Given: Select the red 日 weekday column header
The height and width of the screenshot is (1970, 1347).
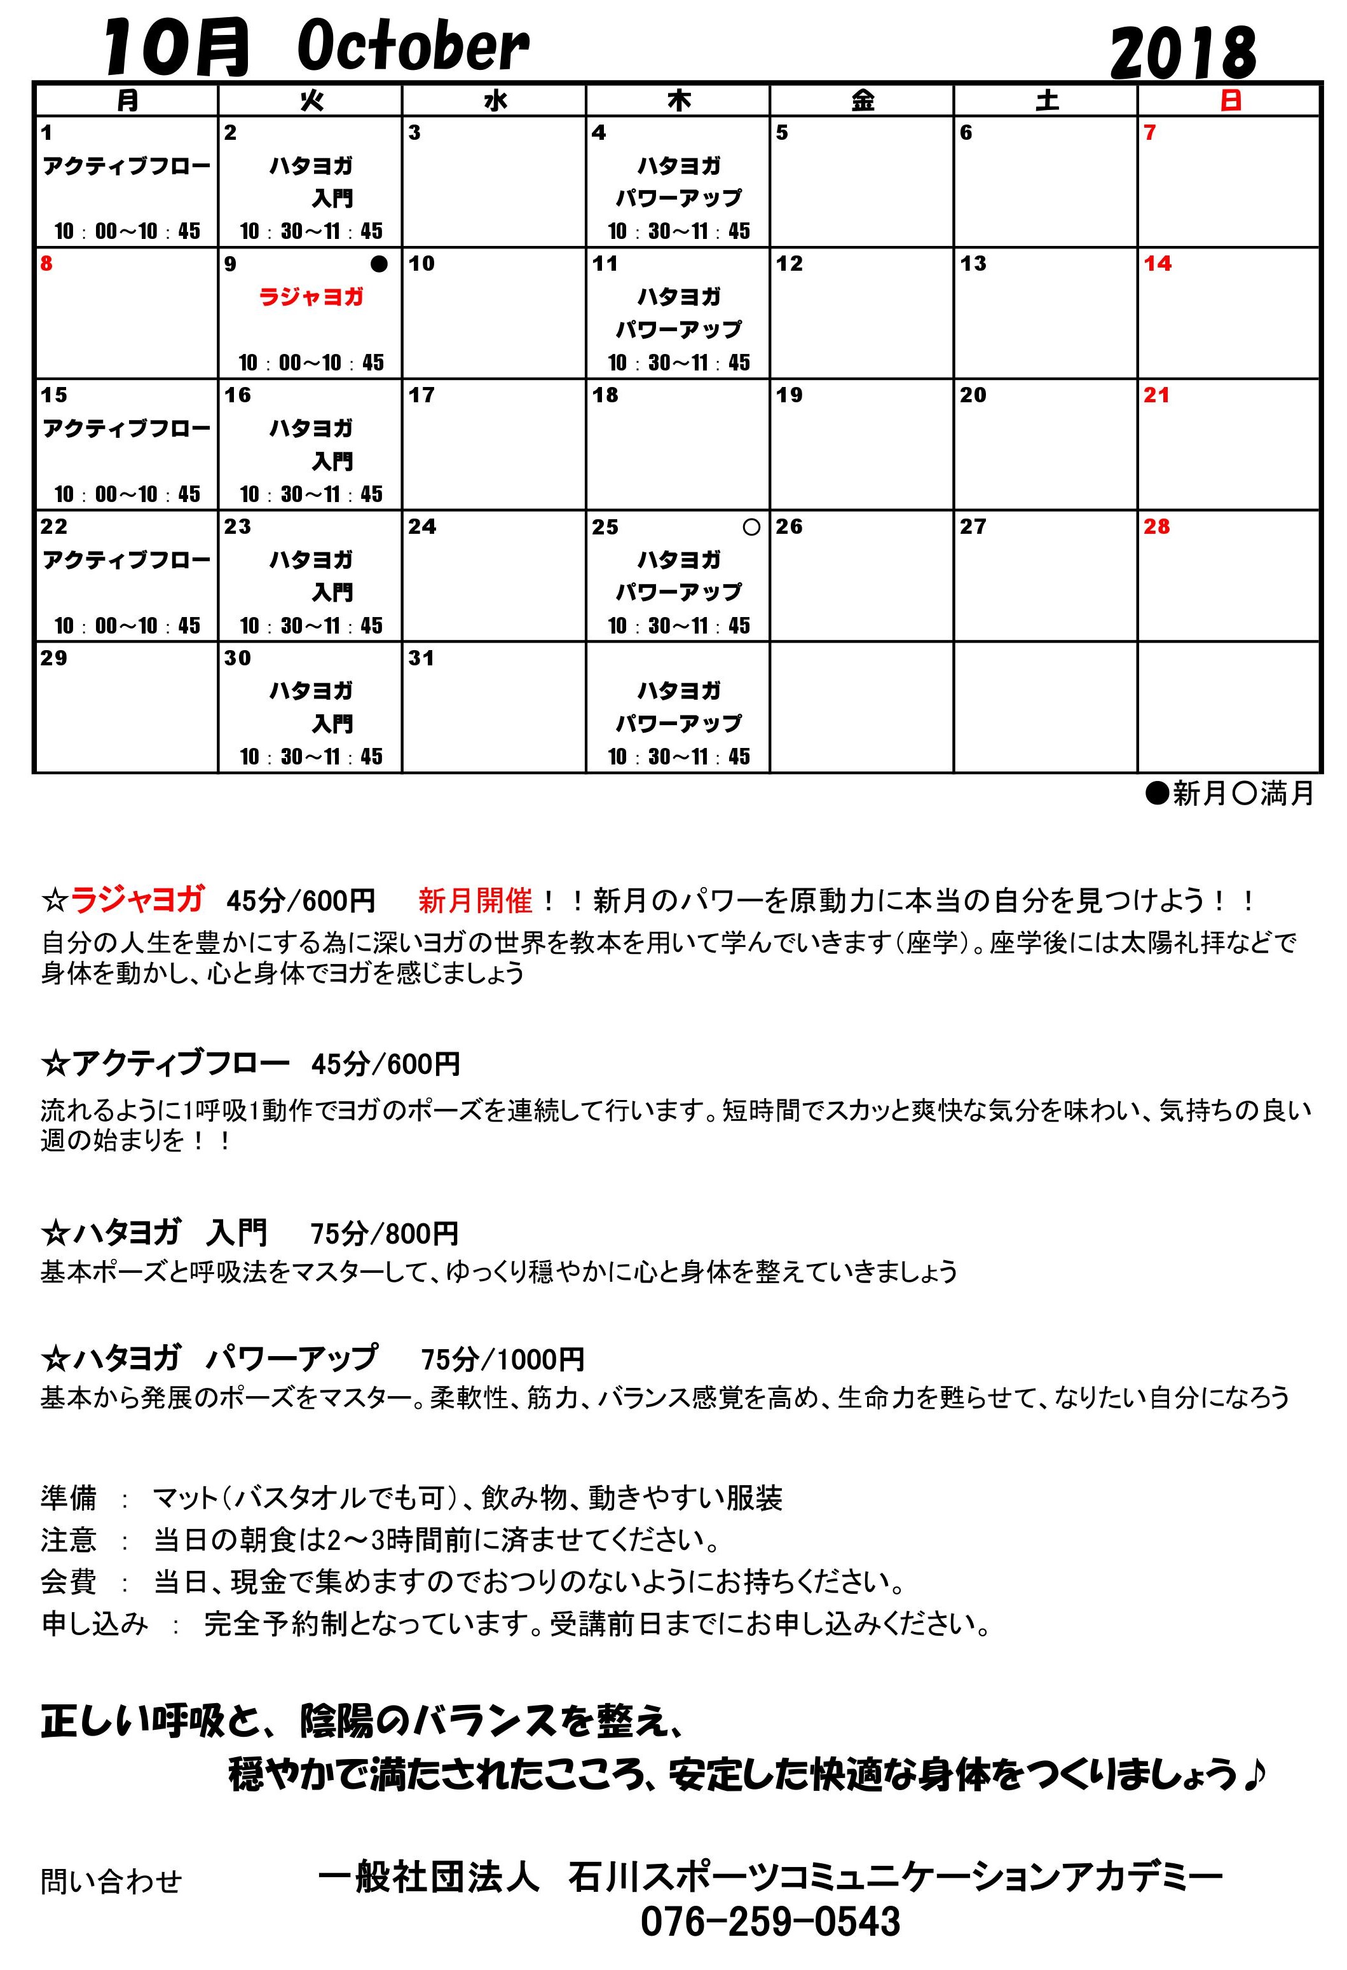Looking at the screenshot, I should (x=1230, y=101).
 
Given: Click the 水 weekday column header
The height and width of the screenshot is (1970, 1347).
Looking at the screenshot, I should (x=495, y=101).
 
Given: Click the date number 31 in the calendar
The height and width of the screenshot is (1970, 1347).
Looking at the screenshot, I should (x=421, y=658).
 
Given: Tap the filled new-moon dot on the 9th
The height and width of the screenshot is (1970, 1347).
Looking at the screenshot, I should (x=379, y=264).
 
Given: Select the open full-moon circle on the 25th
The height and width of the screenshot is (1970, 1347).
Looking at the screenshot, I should (x=751, y=527).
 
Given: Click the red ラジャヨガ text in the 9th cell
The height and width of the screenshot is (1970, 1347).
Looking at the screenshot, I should (x=311, y=297).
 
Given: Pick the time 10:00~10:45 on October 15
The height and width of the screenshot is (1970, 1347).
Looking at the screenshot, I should (x=127, y=494).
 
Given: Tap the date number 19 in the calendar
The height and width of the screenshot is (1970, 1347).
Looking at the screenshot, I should (x=790, y=395).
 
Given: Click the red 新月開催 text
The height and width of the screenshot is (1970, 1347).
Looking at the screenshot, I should (x=475, y=900).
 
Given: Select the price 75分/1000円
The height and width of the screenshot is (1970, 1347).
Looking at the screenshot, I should (x=503, y=1360).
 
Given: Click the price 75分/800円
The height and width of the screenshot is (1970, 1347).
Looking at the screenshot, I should (x=384, y=1233).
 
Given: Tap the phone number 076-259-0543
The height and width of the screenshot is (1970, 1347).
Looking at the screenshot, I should (x=770, y=1922).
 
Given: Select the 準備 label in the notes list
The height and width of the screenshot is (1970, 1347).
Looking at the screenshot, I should (x=69, y=1498).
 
